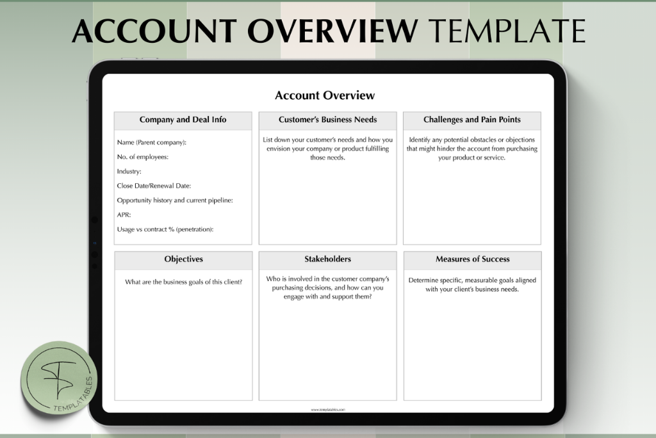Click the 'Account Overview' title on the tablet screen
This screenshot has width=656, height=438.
[x=325, y=95]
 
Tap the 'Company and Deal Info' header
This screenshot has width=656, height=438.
[x=183, y=120]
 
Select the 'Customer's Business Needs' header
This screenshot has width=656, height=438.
[x=327, y=120]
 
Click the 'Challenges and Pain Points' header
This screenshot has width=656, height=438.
[x=471, y=120]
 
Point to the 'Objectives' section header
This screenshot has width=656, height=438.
[x=183, y=259]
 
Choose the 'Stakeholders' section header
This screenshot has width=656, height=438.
[x=327, y=259]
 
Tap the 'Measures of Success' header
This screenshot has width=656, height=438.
[x=472, y=259]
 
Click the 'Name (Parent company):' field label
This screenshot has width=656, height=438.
[x=152, y=142]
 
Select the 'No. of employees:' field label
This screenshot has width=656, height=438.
[x=142, y=157]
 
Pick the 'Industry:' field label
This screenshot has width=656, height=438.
[x=129, y=172]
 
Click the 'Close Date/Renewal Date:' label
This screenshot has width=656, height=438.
[x=154, y=186]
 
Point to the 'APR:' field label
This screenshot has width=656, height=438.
[x=124, y=215]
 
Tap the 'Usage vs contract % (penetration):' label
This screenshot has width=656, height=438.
[x=165, y=229]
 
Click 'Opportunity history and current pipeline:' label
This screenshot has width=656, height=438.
[x=174, y=200]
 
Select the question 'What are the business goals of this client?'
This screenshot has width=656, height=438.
[x=183, y=282]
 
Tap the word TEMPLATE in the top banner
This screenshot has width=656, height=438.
[x=506, y=31]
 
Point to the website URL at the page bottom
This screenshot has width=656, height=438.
[x=327, y=410]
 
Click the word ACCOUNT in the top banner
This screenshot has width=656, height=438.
[x=154, y=31]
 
